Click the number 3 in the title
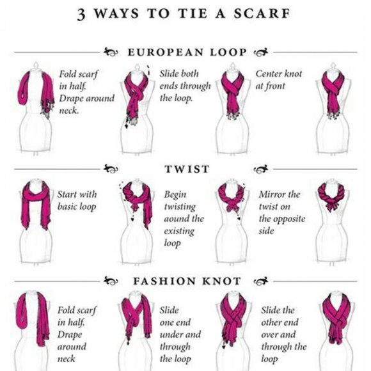(x=81, y=14)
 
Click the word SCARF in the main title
(x=262, y=13)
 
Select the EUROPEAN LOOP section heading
(x=187, y=52)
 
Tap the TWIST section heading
(x=187, y=169)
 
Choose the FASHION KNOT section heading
(x=187, y=281)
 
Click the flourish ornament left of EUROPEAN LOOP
(x=111, y=52)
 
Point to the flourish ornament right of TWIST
(x=261, y=169)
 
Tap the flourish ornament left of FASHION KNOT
(x=111, y=281)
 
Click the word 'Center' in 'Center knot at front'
(x=268, y=74)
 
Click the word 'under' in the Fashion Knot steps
(x=172, y=335)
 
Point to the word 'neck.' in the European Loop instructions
(x=68, y=111)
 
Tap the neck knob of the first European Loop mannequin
(x=36, y=65)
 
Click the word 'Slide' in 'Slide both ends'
(x=169, y=74)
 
